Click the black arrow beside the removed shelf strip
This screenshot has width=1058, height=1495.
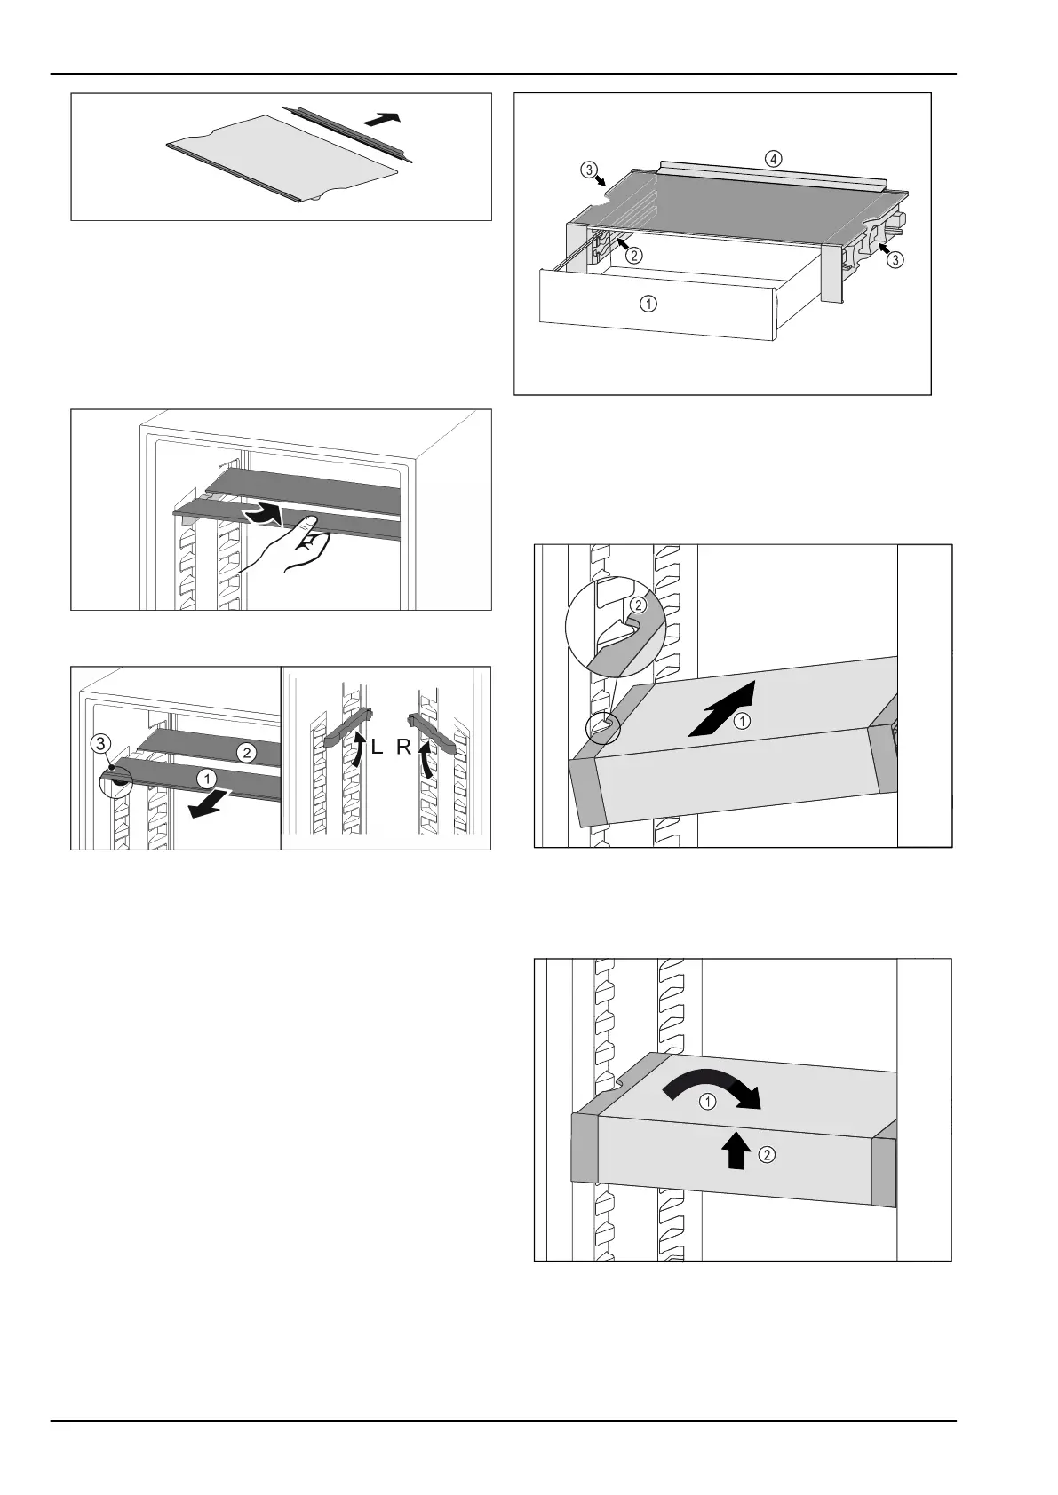pos(384,119)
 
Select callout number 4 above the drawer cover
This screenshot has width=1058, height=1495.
pos(774,159)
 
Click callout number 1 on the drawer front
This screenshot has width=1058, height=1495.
pos(649,304)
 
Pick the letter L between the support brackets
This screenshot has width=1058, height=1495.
pos(377,748)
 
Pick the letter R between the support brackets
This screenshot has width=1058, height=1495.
pos(404,748)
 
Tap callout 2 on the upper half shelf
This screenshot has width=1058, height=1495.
pos(246,753)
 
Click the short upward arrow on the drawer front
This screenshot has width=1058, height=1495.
pos(736,1153)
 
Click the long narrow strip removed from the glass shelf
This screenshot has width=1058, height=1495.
pos(350,131)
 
